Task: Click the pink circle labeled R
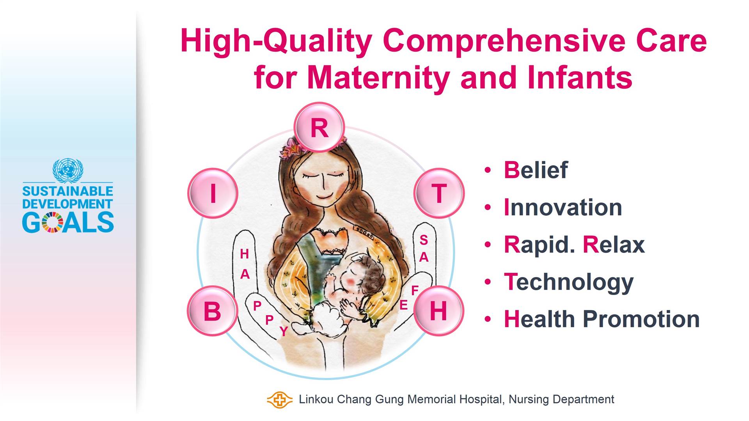(x=319, y=127)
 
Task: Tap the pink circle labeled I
(x=213, y=193)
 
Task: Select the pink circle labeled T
(x=439, y=193)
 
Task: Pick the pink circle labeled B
(x=213, y=311)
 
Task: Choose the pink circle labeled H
(x=438, y=311)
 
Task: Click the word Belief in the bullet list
(x=536, y=170)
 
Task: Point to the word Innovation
(x=563, y=207)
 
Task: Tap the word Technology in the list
(x=569, y=282)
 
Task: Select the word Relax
(x=614, y=245)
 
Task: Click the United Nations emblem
(x=68, y=170)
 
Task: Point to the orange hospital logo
(x=279, y=400)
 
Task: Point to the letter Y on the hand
(x=284, y=331)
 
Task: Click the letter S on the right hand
(x=424, y=240)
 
